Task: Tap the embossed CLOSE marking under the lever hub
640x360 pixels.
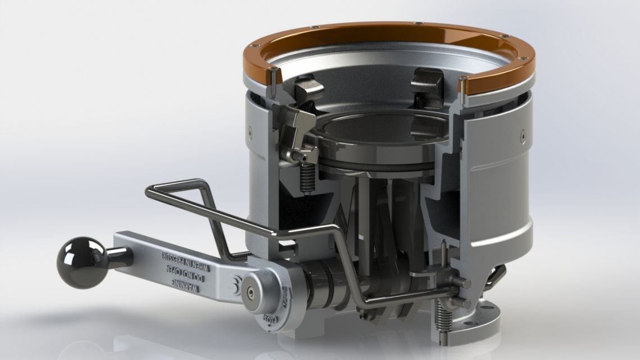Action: point(270,323)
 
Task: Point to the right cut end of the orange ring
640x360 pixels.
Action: point(464,85)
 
